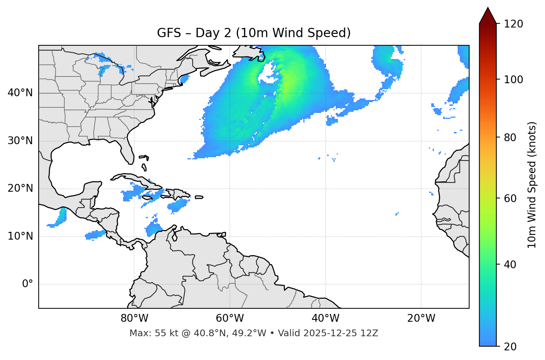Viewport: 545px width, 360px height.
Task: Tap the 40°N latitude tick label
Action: [x=20, y=93]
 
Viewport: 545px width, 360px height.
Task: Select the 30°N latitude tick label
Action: [x=20, y=141]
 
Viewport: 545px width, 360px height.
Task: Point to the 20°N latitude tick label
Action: [x=20, y=188]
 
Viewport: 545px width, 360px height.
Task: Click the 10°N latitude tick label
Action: [x=20, y=236]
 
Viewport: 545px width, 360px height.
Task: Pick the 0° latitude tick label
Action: [x=28, y=284]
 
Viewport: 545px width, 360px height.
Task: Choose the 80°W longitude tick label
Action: [x=134, y=318]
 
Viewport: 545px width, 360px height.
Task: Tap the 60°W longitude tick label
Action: [x=230, y=318]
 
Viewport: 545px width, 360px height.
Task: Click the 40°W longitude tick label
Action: [x=325, y=318]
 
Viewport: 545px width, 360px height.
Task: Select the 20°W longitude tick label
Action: [x=421, y=318]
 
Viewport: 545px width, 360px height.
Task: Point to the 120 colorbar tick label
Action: [x=513, y=24]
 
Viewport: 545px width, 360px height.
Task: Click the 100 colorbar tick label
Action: [x=513, y=80]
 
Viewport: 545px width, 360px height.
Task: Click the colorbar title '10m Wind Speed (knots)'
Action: [x=532, y=185]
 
